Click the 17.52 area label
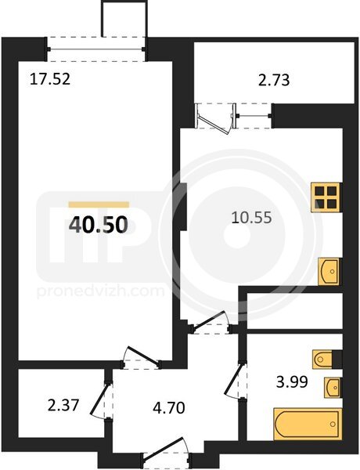[x=50, y=79]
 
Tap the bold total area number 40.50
[x=99, y=225]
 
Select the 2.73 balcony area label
[x=274, y=81]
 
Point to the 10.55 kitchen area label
[x=252, y=218]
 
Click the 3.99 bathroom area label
[x=292, y=382]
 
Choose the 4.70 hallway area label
[x=168, y=408]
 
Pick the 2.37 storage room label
[x=63, y=406]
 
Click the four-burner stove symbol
[x=326, y=197]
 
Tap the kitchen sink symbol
[x=329, y=271]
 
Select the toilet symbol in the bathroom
[x=323, y=359]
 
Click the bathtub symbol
[x=308, y=424]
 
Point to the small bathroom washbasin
[x=332, y=387]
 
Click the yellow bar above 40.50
[x=99, y=204]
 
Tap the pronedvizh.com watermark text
[x=101, y=291]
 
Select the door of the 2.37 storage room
[x=101, y=400]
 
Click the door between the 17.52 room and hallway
[x=142, y=357]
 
